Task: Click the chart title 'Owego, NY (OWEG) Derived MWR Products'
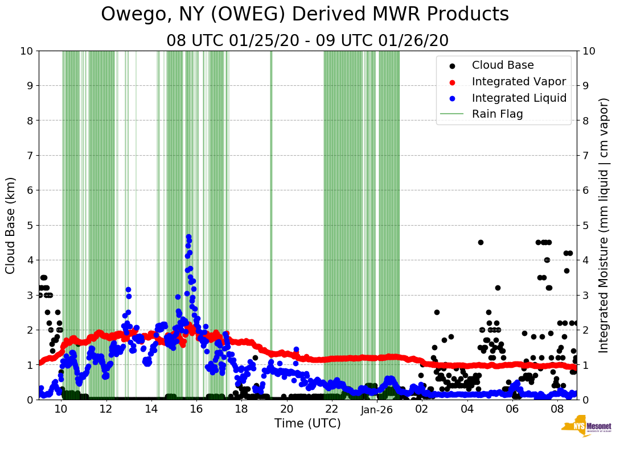point(305,15)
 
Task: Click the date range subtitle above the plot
point(307,41)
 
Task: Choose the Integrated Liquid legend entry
point(519,98)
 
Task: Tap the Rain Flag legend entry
point(497,114)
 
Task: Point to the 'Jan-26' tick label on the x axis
point(377,409)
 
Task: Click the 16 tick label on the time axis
point(196,409)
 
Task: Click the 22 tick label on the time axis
point(331,409)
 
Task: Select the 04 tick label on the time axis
point(467,409)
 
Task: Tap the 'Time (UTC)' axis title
point(307,423)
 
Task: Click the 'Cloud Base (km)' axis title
point(11,225)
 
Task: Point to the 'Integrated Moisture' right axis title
point(605,225)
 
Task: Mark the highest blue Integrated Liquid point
point(188,236)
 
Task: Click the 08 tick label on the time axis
point(557,409)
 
